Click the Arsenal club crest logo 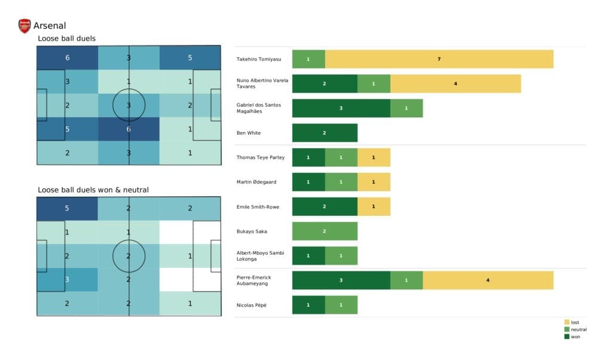pos(25,26)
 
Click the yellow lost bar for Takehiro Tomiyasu pos(439,59)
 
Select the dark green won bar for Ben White pos(325,133)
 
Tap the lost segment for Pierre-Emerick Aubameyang pos(488,280)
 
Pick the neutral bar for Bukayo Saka pos(325,231)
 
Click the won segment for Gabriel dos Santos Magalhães pos(341,108)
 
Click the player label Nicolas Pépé pos(252,305)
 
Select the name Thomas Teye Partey pos(260,157)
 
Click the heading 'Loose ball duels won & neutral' pos(93,190)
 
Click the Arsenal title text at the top pos(50,26)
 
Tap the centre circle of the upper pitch pos(129,105)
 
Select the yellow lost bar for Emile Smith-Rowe pos(374,206)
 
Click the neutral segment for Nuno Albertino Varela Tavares pos(374,84)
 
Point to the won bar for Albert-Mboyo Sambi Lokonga pos(308,255)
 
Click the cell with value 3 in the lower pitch pos(67,279)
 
